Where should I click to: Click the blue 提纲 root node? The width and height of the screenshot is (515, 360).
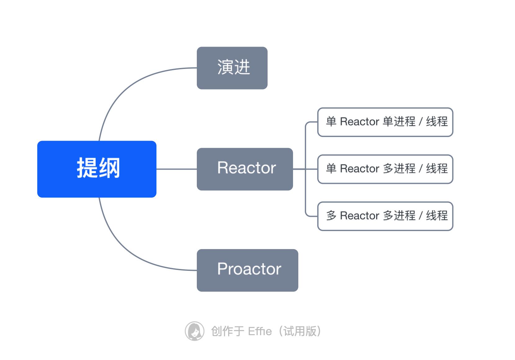[x=97, y=169]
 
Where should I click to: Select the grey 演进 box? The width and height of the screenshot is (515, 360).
[x=232, y=68]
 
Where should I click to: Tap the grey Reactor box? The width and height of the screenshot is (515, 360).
[x=245, y=169]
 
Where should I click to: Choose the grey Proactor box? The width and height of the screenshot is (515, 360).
[x=247, y=270]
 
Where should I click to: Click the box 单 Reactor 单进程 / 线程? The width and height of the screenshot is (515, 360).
[x=385, y=122]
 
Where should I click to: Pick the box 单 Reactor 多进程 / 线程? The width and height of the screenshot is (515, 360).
[x=385, y=169]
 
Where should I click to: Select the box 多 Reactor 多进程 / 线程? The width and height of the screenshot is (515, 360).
[x=385, y=216]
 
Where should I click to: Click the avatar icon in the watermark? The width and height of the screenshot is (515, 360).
[x=194, y=331]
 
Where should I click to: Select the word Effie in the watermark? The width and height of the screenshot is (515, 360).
[x=260, y=331]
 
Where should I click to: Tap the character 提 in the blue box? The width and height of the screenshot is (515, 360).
[x=87, y=168]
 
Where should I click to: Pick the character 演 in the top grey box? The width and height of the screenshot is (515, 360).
[x=225, y=67]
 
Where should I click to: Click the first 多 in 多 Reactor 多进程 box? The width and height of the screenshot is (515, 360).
[x=331, y=216]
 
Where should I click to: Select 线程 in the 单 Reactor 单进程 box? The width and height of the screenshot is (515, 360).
[x=437, y=121]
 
